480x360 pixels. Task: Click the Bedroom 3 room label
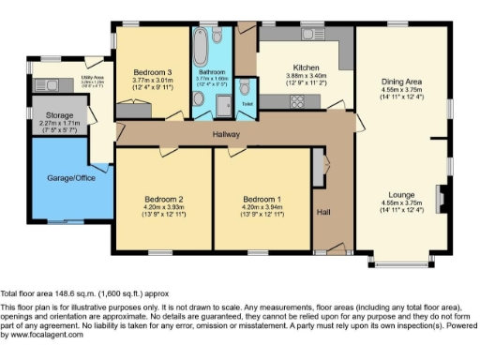coord(152,72)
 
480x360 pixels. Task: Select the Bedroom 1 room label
coord(262,199)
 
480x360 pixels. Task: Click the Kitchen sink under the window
coord(310,35)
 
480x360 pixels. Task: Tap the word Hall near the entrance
coord(324,212)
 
